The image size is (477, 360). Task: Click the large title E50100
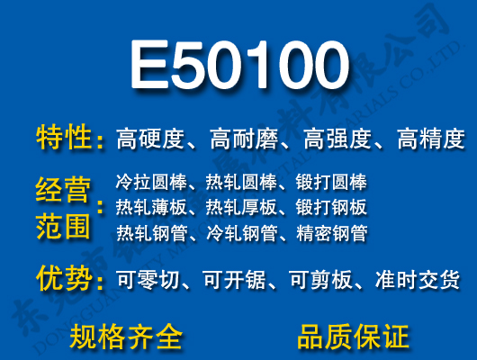point(238,66)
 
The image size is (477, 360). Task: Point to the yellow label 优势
point(65,279)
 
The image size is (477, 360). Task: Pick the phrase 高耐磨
point(245,139)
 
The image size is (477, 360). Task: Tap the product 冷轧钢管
point(241,234)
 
